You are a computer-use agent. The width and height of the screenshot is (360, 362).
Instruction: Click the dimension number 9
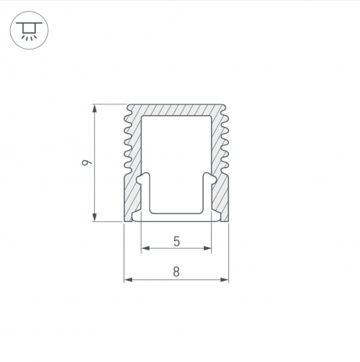(x=87, y=163)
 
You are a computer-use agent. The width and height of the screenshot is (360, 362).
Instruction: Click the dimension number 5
(x=176, y=241)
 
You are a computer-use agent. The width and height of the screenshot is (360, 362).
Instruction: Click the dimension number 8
(x=176, y=271)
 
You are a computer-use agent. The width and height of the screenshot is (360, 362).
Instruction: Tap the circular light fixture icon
(x=29, y=31)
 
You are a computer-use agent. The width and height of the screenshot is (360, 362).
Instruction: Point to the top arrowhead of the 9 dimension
(x=94, y=108)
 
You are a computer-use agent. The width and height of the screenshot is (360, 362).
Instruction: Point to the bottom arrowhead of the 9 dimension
(x=94, y=217)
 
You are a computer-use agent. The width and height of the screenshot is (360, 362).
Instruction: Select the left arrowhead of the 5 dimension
(x=146, y=248)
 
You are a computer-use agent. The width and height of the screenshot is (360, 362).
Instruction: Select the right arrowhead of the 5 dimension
(x=207, y=248)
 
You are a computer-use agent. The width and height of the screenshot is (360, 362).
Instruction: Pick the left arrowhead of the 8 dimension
(x=128, y=280)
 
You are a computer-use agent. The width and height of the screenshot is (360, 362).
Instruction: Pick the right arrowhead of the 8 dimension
(x=224, y=280)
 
